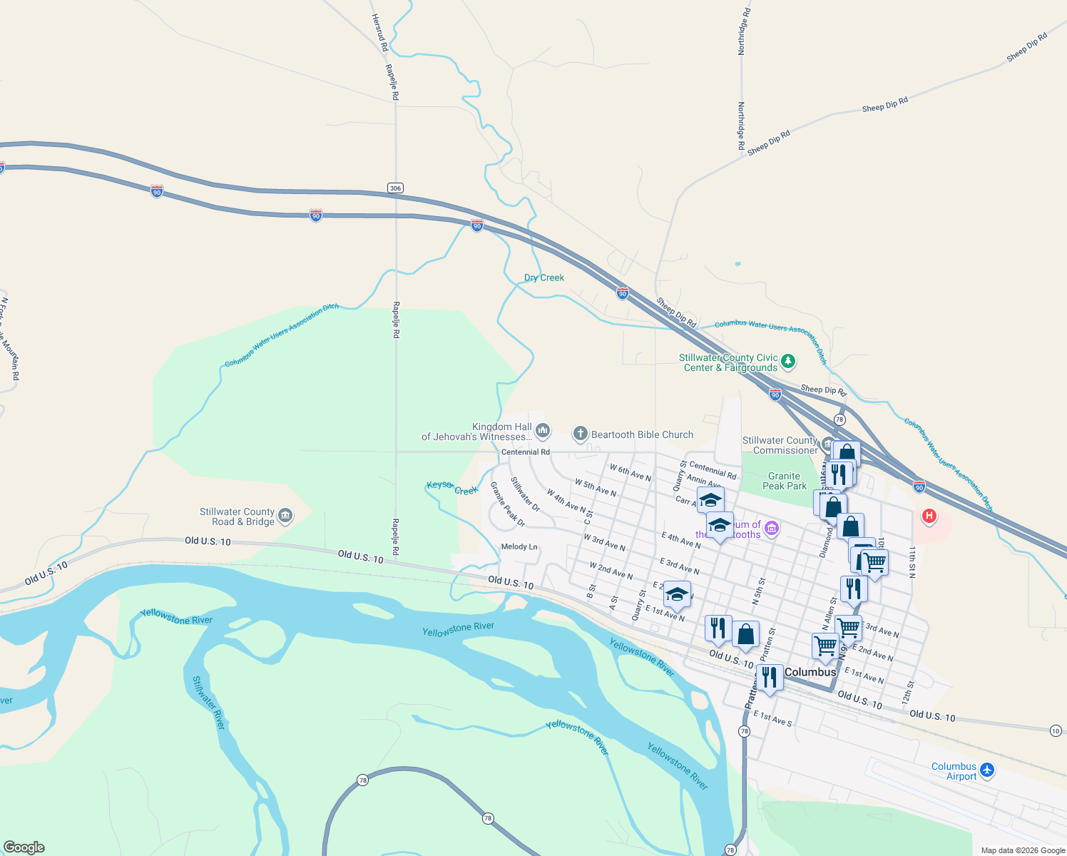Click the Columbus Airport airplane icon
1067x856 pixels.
tap(987, 770)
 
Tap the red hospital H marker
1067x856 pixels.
tap(929, 515)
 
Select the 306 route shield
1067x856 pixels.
tap(396, 188)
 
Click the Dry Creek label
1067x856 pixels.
tap(544, 277)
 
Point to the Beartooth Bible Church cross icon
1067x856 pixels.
tap(581, 434)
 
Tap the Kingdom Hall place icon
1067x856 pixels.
tap(543, 430)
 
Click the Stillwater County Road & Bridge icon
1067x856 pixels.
tap(285, 516)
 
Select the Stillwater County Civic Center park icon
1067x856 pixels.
tap(788, 361)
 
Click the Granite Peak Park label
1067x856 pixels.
tap(785, 481)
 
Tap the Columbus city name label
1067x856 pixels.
tap(810, 672)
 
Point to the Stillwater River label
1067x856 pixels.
tap(208, 703)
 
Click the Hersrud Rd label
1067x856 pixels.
tap(379, 32)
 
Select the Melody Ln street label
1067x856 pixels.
tap(519, 547)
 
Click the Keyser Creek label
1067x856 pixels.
tap(452, 488)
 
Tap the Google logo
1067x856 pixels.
tap(24, 847)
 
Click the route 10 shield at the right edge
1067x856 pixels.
tap(1056, 730)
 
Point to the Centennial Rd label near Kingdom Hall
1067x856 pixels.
tap(526, 452)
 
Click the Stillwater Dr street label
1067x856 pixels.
tap(526, 494)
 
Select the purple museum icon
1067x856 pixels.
tap(771, 529)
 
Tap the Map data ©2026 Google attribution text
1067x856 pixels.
tap(1023, 850)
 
